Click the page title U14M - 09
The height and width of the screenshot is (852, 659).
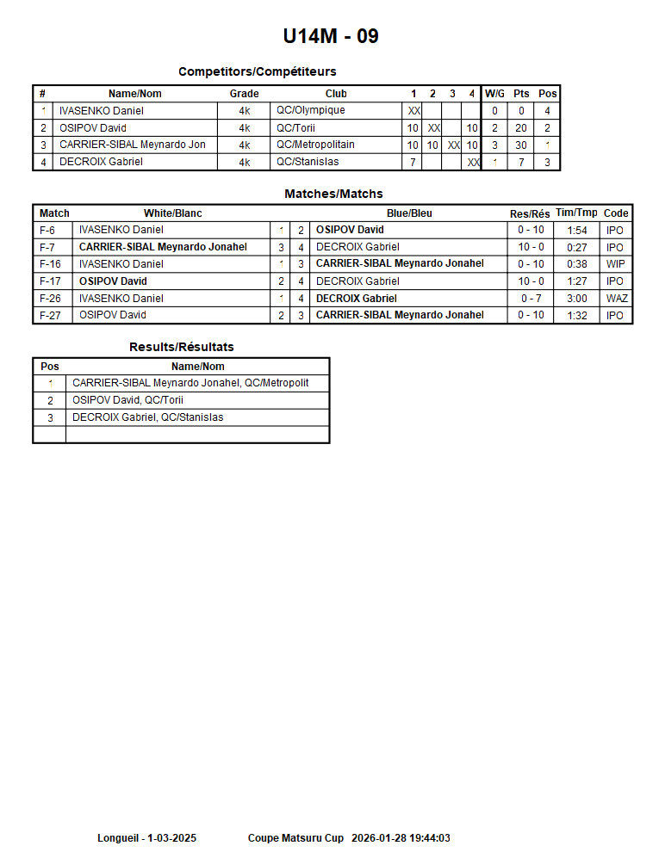tap(331, 36)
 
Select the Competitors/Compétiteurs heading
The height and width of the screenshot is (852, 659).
tap(257, 71)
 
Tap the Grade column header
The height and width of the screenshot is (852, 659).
tap(244, 94)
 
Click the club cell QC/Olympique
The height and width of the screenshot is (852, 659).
tap(311, 110)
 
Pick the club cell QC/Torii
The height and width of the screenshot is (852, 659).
tap(296, 128)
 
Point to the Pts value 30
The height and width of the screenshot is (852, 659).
tap(521, 145)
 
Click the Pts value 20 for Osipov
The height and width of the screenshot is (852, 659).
tap(521, 128)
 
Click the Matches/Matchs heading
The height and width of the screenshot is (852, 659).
tap(333, 194)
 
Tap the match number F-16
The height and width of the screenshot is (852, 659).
tap(51, 264)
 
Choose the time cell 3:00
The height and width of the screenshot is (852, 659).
tap(577, 299)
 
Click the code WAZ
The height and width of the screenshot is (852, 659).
tap(617, 299)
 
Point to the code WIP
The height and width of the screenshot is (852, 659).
tap(616, 264)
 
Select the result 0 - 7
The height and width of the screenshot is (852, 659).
tap(531, 299)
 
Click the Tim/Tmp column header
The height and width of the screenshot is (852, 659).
tap(576, 213)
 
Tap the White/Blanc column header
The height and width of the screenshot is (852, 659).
tap(173, 213)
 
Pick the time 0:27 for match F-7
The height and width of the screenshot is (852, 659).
tap(577, 247)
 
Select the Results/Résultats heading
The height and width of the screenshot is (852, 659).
tap(181, 347)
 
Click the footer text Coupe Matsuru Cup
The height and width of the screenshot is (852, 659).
tap(295, 838)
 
